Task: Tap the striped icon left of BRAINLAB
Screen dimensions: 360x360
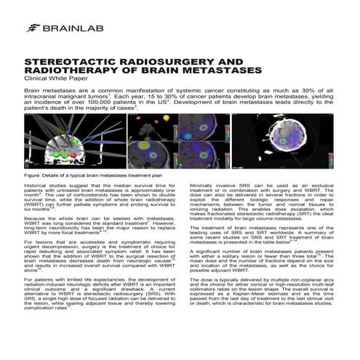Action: point(33,28)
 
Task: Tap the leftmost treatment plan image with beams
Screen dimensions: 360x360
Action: point(73,142)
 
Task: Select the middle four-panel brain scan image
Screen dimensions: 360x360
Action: point(174,142)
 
